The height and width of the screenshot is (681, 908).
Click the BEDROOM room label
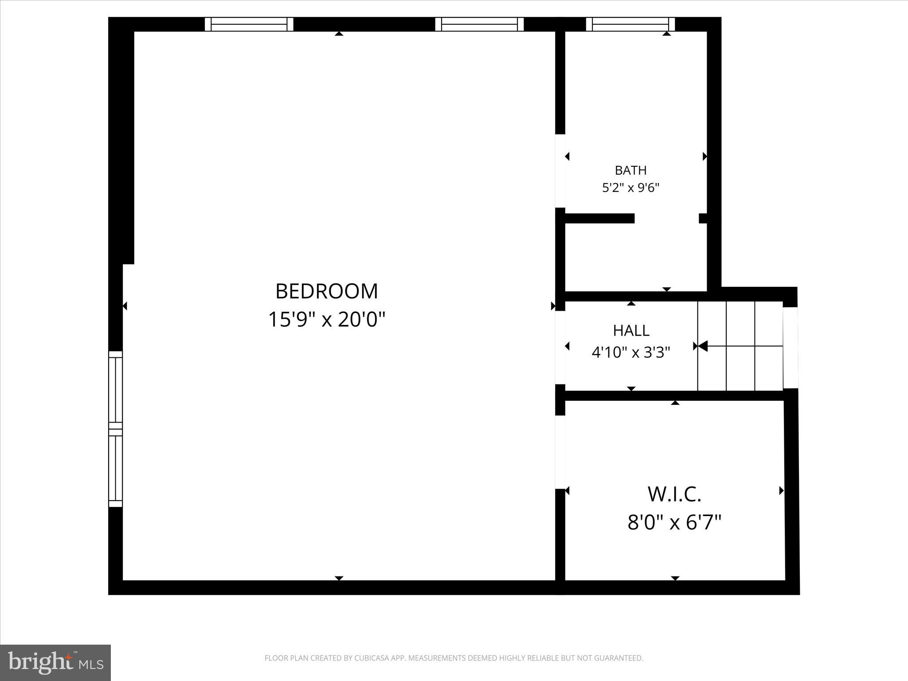[327, 292]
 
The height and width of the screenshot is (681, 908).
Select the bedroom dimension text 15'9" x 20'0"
[327, 319]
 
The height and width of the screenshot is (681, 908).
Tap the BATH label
[630, 170]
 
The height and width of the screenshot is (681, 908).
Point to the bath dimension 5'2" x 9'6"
[630, 188]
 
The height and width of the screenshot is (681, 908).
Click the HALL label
[631, 331]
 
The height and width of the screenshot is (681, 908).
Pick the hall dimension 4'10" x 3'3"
[631, 352]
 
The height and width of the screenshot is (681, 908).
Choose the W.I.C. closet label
[674, 495]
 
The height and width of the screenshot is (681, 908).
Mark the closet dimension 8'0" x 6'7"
[674, 522]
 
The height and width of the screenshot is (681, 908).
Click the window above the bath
[630, 24]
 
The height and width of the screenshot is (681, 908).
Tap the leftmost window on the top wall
[249, 24]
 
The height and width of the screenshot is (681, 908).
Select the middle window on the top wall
[479, 24]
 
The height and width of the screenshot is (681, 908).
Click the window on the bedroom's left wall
[115, 429]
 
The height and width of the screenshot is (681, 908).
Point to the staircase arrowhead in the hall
[702, 346]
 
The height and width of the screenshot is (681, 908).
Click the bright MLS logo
[55, 662]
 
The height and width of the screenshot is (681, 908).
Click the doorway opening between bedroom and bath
[560, 171]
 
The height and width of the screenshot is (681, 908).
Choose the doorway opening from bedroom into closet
[560, 452]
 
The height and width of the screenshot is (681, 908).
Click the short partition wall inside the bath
[599, 218]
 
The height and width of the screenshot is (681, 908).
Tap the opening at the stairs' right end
[790, 348]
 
